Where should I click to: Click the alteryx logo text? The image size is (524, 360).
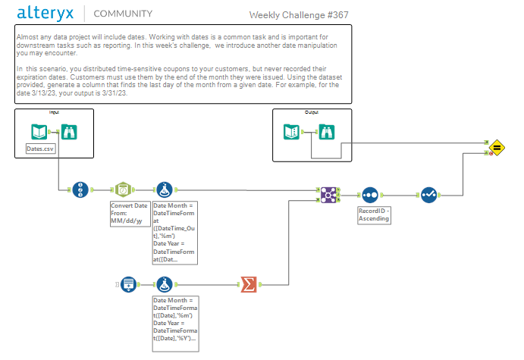pyautogui.click(x=45, y=13)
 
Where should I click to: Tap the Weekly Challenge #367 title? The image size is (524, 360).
pyautogui.click(x=299, y=15)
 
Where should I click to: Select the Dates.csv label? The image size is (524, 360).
pyautogui.click(x=40, y=149)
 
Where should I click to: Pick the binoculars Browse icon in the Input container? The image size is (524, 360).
pyautogui.click(x=68, y=132)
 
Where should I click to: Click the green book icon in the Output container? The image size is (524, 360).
pyautogui.click(x=291, y=132)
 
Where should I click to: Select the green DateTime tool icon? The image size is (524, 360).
pyautogui.click(x=122, y=189)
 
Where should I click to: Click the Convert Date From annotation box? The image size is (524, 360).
pyautogui.click(x=130, y=215)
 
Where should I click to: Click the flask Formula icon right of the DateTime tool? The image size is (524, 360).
pyautogui.click(x=165, y=189)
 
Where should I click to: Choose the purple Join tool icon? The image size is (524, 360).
pyautogui.click(x=328, y=194)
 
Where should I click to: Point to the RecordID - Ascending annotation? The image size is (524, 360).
pyautogui.click(x=375, y=215)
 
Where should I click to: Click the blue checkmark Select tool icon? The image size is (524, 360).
pyautogui.click(x=429, y=195)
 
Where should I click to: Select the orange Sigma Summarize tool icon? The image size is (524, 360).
pyautogui.click(x=248, y=284)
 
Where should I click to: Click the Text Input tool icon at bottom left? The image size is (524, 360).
pyautogui.click(x=129, y=284)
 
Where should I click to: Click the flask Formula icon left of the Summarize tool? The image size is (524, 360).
pyautogui.click(x=165, y=284)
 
